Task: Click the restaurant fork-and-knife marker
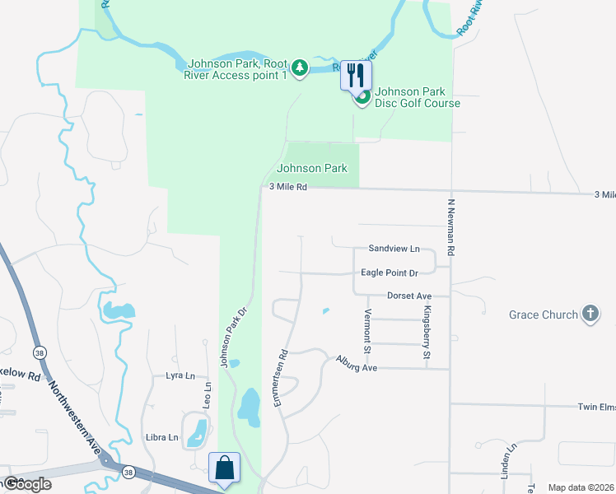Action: coord(356,75)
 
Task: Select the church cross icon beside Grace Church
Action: coord(590,314)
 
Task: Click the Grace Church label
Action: coord(543,315)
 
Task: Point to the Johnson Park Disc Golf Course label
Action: coord(417,97)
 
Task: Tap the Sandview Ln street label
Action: coord(394,248)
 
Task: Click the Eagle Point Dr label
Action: coord(390,273)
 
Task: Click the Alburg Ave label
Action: coord(356,363)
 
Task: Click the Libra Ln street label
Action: coord(162,437)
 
